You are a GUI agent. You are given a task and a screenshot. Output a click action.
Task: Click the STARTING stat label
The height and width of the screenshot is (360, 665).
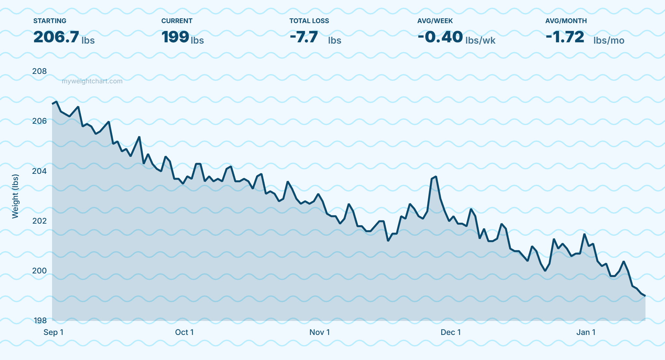(x=49, y=21)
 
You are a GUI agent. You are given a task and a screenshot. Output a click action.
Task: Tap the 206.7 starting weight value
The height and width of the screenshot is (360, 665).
(x=56, y=37)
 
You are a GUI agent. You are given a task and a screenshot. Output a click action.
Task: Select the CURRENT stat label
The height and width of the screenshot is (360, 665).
(x=177, y=21)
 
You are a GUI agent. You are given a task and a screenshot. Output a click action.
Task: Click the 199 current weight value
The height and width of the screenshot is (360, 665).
(x=175, y=37)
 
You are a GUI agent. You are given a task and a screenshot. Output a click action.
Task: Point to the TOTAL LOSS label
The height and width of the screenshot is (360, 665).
(x=309, y=21)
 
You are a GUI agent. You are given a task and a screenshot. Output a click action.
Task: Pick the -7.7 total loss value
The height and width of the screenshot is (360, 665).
(x=304, y=37)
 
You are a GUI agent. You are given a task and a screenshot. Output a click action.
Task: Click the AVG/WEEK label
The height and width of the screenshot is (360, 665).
(x=435, y=21)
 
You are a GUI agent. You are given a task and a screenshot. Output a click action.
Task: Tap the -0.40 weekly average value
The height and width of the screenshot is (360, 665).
(x=440, y=37)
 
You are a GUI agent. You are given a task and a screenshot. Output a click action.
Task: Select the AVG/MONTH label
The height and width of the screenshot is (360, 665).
(x=566, y=21)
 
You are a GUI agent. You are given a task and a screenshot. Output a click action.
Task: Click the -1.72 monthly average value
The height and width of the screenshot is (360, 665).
(x=565, y=37)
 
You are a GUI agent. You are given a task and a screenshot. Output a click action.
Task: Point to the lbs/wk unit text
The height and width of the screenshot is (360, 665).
(x=480, y=41)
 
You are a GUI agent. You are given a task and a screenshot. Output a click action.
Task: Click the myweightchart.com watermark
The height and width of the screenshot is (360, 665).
(x=92, y=81)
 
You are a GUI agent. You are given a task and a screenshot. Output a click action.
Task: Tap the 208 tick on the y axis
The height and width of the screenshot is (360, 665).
(x=39, y=71)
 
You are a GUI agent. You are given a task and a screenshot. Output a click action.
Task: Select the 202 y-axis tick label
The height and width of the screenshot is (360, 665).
(x=39, y=221)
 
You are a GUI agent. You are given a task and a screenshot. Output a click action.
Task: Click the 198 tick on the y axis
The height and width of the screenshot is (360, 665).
(x=40, y=321)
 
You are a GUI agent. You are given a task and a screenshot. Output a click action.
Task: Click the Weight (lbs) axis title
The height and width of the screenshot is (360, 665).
(x=15, y=196)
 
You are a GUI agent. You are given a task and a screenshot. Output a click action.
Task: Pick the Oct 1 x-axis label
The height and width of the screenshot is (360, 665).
(x=184, y=332)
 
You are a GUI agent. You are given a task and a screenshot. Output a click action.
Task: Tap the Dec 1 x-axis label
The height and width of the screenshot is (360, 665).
(x=450, y=332)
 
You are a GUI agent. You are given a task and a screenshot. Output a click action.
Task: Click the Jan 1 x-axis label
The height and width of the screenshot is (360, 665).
(x=586, y=332)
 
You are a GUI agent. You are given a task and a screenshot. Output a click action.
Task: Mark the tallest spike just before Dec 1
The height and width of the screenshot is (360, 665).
(x=436, y=177)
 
